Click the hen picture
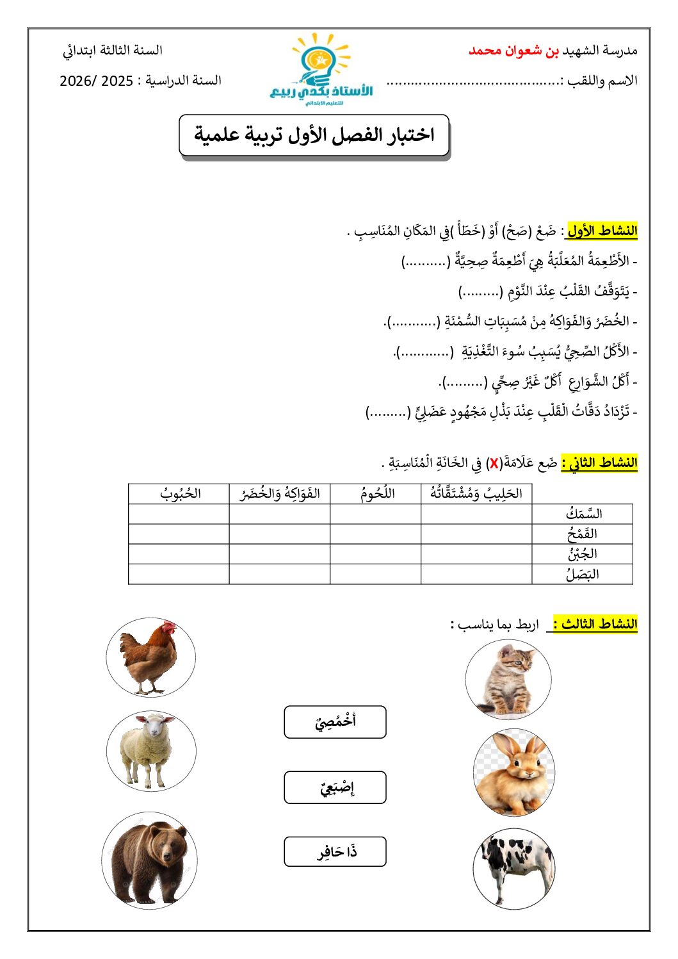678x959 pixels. coord(150,657)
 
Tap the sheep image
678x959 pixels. coord(151,750)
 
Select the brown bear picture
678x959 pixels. coord(150,861)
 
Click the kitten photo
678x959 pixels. coord(508,679)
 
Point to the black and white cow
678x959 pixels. coord(514,869)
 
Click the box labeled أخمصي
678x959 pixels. coord(335,722)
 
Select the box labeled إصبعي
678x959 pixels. coord(335,787)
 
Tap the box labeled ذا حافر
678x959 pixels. coord(335,852)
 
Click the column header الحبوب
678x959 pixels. coord(180,493)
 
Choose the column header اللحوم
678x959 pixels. coord(376,493)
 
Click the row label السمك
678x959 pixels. coord(583,514)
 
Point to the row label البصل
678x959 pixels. coord(582,574)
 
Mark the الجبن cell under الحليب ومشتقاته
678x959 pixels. coord(476,554)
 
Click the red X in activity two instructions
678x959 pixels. coord(494,463)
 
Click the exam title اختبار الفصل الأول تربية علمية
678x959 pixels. coord(314,135)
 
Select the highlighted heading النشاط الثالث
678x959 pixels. coord(595,624)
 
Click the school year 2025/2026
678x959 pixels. coord(96,81)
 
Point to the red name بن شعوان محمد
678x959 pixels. coord(513,50)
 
